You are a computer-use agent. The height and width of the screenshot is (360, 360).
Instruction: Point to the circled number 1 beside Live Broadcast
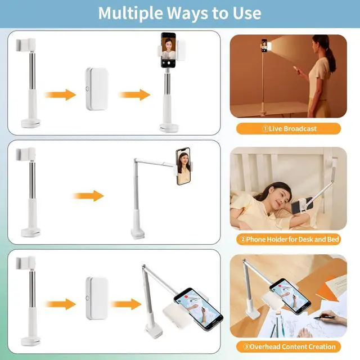(x=265, y=129)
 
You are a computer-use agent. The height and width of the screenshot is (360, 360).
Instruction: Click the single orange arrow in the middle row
(x=89, y=196)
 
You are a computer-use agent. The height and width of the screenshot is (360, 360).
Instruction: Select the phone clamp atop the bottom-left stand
(x=26, y=263)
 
